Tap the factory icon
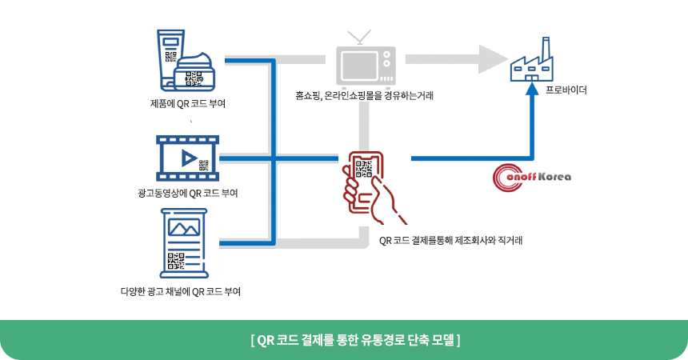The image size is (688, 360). pyautogui.click(x=532, y=62)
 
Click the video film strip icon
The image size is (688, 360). pyautogui.click(x=188, y=158)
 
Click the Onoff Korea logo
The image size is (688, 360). pyautogui.click(x=532, y=176)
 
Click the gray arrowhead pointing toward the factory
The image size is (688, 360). pyautogui.click(x=492, y=58)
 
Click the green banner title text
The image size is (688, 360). pyautogui.click(x=344, y=339)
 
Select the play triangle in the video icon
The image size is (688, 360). pyautogui.click(x=189, y=157)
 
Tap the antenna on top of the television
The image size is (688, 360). pyautogui.click(x=358, y=37)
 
